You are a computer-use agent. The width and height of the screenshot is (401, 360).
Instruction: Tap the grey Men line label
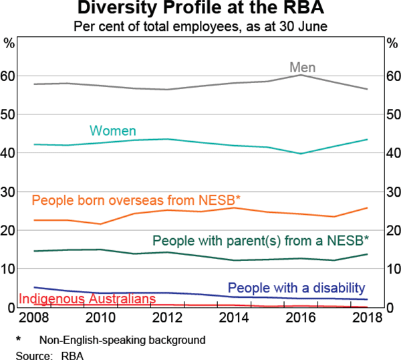point(302,68)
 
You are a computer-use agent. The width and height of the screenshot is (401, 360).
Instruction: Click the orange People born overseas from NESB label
point(136,200)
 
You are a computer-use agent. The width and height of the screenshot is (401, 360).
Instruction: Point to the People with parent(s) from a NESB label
point(261,240)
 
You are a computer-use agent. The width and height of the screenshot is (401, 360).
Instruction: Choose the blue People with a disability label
point(297,288)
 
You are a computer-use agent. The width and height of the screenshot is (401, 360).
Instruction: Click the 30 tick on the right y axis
point(392,191)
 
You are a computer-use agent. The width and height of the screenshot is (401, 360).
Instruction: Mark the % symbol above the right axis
point(392,44)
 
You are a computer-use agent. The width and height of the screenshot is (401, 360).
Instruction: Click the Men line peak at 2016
point(300,75)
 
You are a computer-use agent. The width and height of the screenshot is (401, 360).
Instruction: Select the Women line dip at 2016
point(300,153)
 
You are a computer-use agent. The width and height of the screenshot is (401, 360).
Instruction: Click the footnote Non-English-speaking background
point(122,339)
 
